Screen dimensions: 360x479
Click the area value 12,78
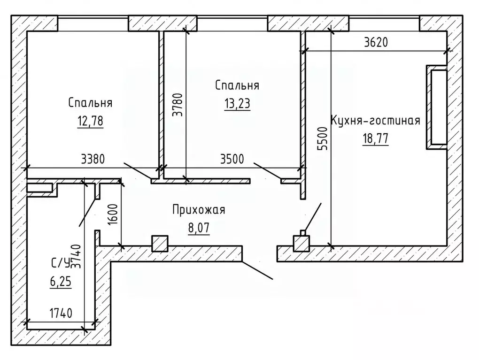(90, 122)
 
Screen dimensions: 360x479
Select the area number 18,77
(375, 139)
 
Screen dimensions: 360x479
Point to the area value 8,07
(198, 229)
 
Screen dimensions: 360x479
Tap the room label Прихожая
(199, 210)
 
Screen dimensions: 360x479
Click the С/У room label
(60, 263)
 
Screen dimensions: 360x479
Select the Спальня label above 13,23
(237, 86)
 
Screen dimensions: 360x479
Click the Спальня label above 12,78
(90, 103)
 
